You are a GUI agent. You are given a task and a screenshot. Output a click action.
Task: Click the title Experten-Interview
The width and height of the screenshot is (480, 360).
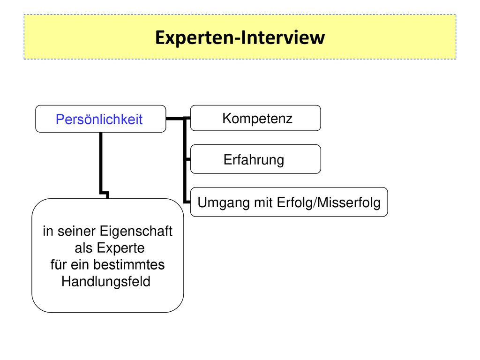pyautogui.click(x=240, y=37)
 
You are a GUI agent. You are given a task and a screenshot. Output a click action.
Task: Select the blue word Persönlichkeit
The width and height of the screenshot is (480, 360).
pyautogui.click(x=99, y=120)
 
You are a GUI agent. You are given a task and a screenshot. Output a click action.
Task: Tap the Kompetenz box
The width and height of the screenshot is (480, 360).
pyautogui.click(x=255, y=118)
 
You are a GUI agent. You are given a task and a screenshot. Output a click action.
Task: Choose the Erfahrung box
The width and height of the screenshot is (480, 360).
pyautogui.click(x=255, y=159)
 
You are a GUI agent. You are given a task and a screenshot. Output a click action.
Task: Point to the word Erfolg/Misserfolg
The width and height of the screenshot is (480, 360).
pyautogui.click(x=329, y=202)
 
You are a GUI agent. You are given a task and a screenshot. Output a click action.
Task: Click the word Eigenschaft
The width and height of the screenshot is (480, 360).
pyautogui.click(x=136, y=232)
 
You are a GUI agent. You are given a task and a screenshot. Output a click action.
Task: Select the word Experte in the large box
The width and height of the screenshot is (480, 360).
pyautogui.click(x=120, y=248)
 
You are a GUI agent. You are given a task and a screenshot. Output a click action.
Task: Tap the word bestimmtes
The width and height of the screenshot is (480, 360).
pyautogui.click(x=129, y=264)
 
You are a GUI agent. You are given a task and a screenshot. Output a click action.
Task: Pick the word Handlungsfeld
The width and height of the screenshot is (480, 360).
pyautogui.click(x=106, y=282)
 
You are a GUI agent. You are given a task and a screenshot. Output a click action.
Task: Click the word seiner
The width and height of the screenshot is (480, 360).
pyautogui.click(x=76, y=232)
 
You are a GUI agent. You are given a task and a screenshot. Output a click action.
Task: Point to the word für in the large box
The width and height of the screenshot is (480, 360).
pyautogui.click(x=59, y=264)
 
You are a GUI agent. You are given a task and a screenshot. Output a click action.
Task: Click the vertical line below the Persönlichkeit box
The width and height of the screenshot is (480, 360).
pyautogui.click(x=101, y=162)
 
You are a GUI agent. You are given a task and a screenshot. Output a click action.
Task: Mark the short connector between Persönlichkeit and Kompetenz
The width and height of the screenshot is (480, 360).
pyautogui.click(x=175, y=118)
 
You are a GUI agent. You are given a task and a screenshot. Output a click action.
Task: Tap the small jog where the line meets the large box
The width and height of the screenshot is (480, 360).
pyautogui.click(x=105, y=195)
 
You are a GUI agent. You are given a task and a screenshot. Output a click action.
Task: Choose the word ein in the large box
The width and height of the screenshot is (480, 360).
pyautogui.click(x=80, y=264)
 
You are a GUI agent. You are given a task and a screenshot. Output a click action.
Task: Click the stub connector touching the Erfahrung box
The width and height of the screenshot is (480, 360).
pyautogui.click(x=187, y=159)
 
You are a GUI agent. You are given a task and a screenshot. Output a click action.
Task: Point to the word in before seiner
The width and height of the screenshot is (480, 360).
pyautogui.click(x=48, y=232)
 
